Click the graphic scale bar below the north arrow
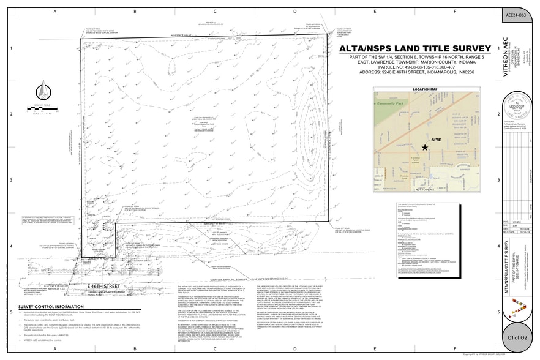(x=41, y=110)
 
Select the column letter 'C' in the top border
(x=216, y=12)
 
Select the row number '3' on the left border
(x=10, y=180)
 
